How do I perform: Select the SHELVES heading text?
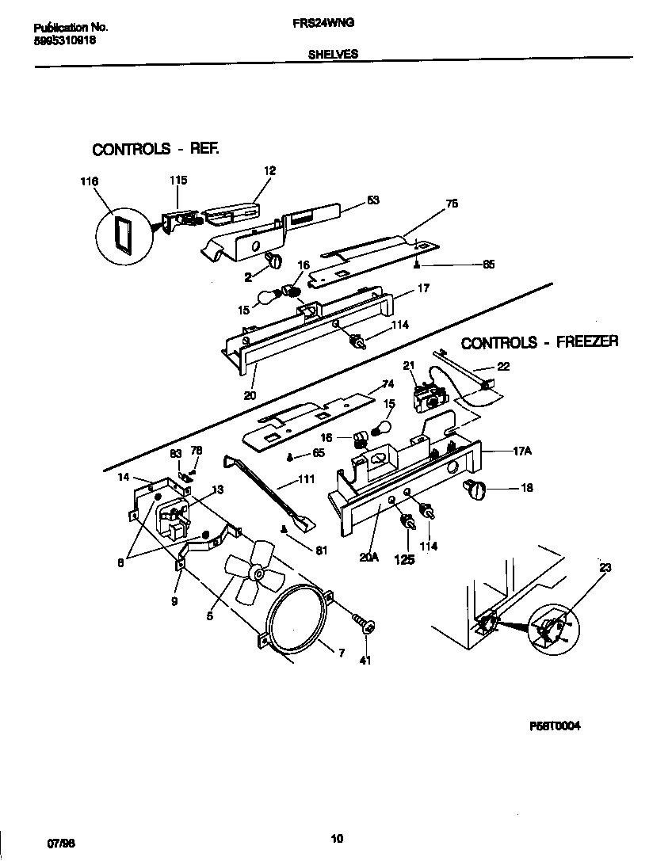[x=333, y=55]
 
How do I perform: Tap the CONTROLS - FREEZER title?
[x=540, y=342]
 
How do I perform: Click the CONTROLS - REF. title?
[x=155, y=149]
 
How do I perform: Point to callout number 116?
[x=89, y=182]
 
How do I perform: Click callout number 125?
[x=406, y=559]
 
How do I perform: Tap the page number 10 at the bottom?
[x=336, y=840]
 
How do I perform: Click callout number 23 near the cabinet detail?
[x=605, y=567]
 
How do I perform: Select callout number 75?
[x=452, y=204]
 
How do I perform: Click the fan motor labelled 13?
[x=174, y=517]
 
